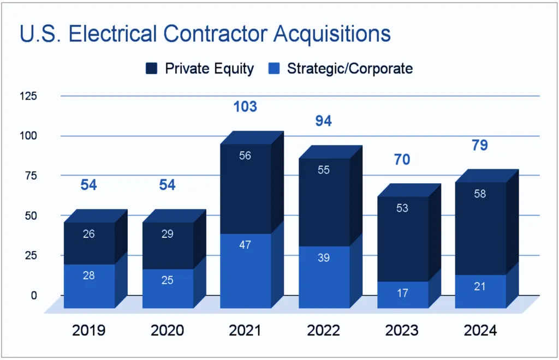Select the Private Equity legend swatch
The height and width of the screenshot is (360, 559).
pos(151,69)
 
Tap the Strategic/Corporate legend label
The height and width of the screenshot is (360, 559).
pos(349,69)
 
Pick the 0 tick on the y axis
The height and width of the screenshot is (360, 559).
pos(33,295)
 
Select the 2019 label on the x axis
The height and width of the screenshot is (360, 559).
pos(89,331)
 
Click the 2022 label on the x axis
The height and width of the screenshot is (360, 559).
pos(324,331)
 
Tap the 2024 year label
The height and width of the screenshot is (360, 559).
pos(480,331)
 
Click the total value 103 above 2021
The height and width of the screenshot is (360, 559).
pos(245,106)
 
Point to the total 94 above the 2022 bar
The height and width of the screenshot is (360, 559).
pos(324,121)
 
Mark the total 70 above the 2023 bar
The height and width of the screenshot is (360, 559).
pos(402,160)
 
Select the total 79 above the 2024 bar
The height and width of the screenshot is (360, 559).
pos(480,146)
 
